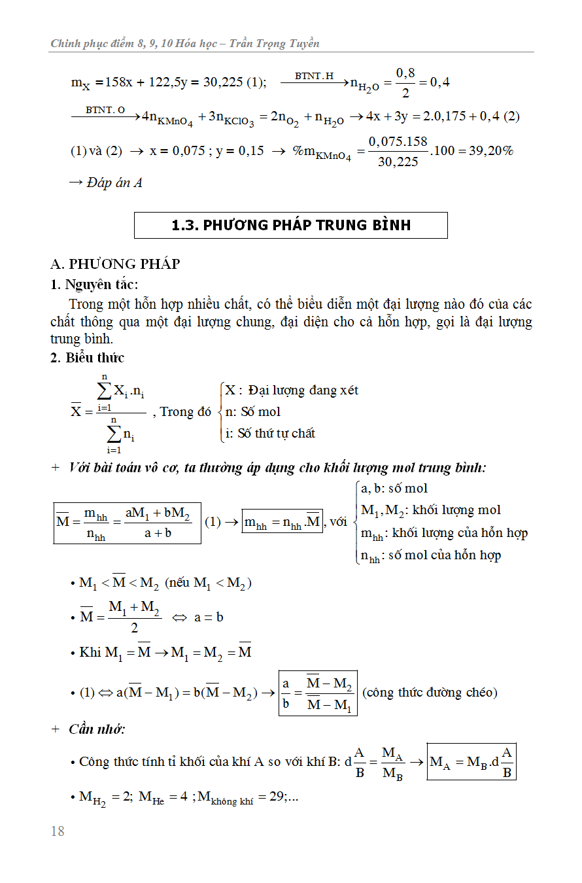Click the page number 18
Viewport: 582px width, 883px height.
58,831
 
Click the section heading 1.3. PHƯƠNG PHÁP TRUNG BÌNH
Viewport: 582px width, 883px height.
291,225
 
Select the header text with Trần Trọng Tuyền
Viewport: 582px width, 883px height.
185,44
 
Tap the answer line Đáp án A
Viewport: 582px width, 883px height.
105,182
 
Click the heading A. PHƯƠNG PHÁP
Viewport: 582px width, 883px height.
115,264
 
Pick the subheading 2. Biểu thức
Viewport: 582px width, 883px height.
87,358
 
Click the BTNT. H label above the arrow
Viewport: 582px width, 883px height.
314,77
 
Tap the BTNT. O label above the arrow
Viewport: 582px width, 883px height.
105,110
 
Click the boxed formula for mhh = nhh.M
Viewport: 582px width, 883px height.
282,522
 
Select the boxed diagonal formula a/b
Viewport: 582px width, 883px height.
318,693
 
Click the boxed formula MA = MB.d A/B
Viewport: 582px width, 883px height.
471,762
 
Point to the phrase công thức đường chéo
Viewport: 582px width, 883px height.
430,692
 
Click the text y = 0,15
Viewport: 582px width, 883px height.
239,151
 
